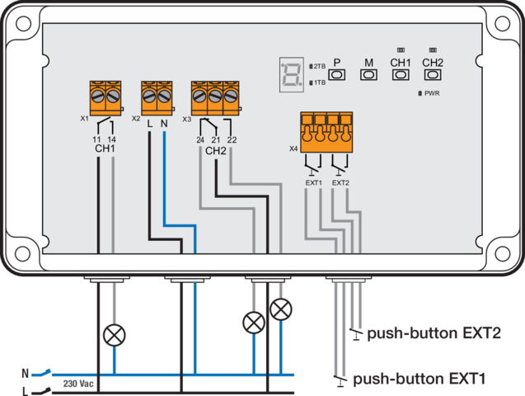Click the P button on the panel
[x=337, y=74]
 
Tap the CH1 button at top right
[x=400, y=74]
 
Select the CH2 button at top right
[x=433, y=74]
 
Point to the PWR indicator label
[x=431, y=93]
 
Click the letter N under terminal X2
[x=164, y=123]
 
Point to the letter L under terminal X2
[x=149, y=123]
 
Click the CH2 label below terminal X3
[x=215, y=151]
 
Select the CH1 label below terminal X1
[x=105, y=149]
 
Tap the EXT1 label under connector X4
[x=313, y=181]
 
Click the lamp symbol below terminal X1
[x=113, y=334]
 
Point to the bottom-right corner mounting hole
[x=503, y=252]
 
